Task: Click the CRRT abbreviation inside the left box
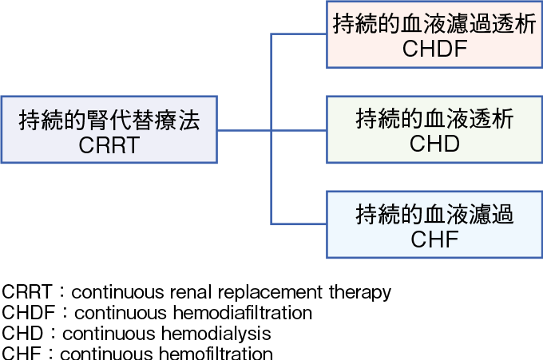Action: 109,145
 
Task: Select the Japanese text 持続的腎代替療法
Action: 109,121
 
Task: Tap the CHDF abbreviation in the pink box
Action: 434,49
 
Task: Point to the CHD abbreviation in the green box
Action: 434,144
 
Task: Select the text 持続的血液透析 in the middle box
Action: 434,120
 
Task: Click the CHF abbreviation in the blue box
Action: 434,238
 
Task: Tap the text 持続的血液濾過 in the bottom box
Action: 434,214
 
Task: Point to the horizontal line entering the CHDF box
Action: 299,34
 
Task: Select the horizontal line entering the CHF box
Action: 299,224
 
